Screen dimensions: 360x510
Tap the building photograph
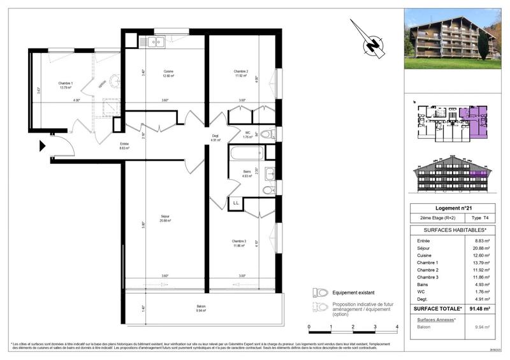(x=453, y=38)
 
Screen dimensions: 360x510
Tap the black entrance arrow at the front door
(x=43, y=146)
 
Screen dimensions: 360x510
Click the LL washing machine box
(x=236, y=203)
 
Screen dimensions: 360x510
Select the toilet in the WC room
(x=268, y=134)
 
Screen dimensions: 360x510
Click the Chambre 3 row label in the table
(x=428, y=277)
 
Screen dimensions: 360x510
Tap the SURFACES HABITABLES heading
(x=451, y=229)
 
